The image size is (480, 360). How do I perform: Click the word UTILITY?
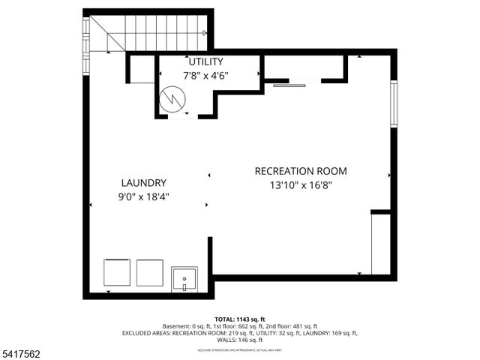pos(205,61)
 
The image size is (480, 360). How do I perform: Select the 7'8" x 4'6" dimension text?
pos(205,75)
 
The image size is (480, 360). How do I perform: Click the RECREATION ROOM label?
pos(301,171)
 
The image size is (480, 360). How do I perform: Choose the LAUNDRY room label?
pos(143,183)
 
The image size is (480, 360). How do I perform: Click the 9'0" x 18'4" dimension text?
pos(143,197)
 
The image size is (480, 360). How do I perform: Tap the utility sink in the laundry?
pos(184,278)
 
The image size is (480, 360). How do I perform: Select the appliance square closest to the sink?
pos(150,272)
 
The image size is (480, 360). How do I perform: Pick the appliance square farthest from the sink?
pos(117,272)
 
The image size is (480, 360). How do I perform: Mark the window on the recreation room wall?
pos(394,105)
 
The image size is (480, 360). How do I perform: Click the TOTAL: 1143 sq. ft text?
pos(240,319)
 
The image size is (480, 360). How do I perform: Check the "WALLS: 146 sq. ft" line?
pos(240,340)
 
